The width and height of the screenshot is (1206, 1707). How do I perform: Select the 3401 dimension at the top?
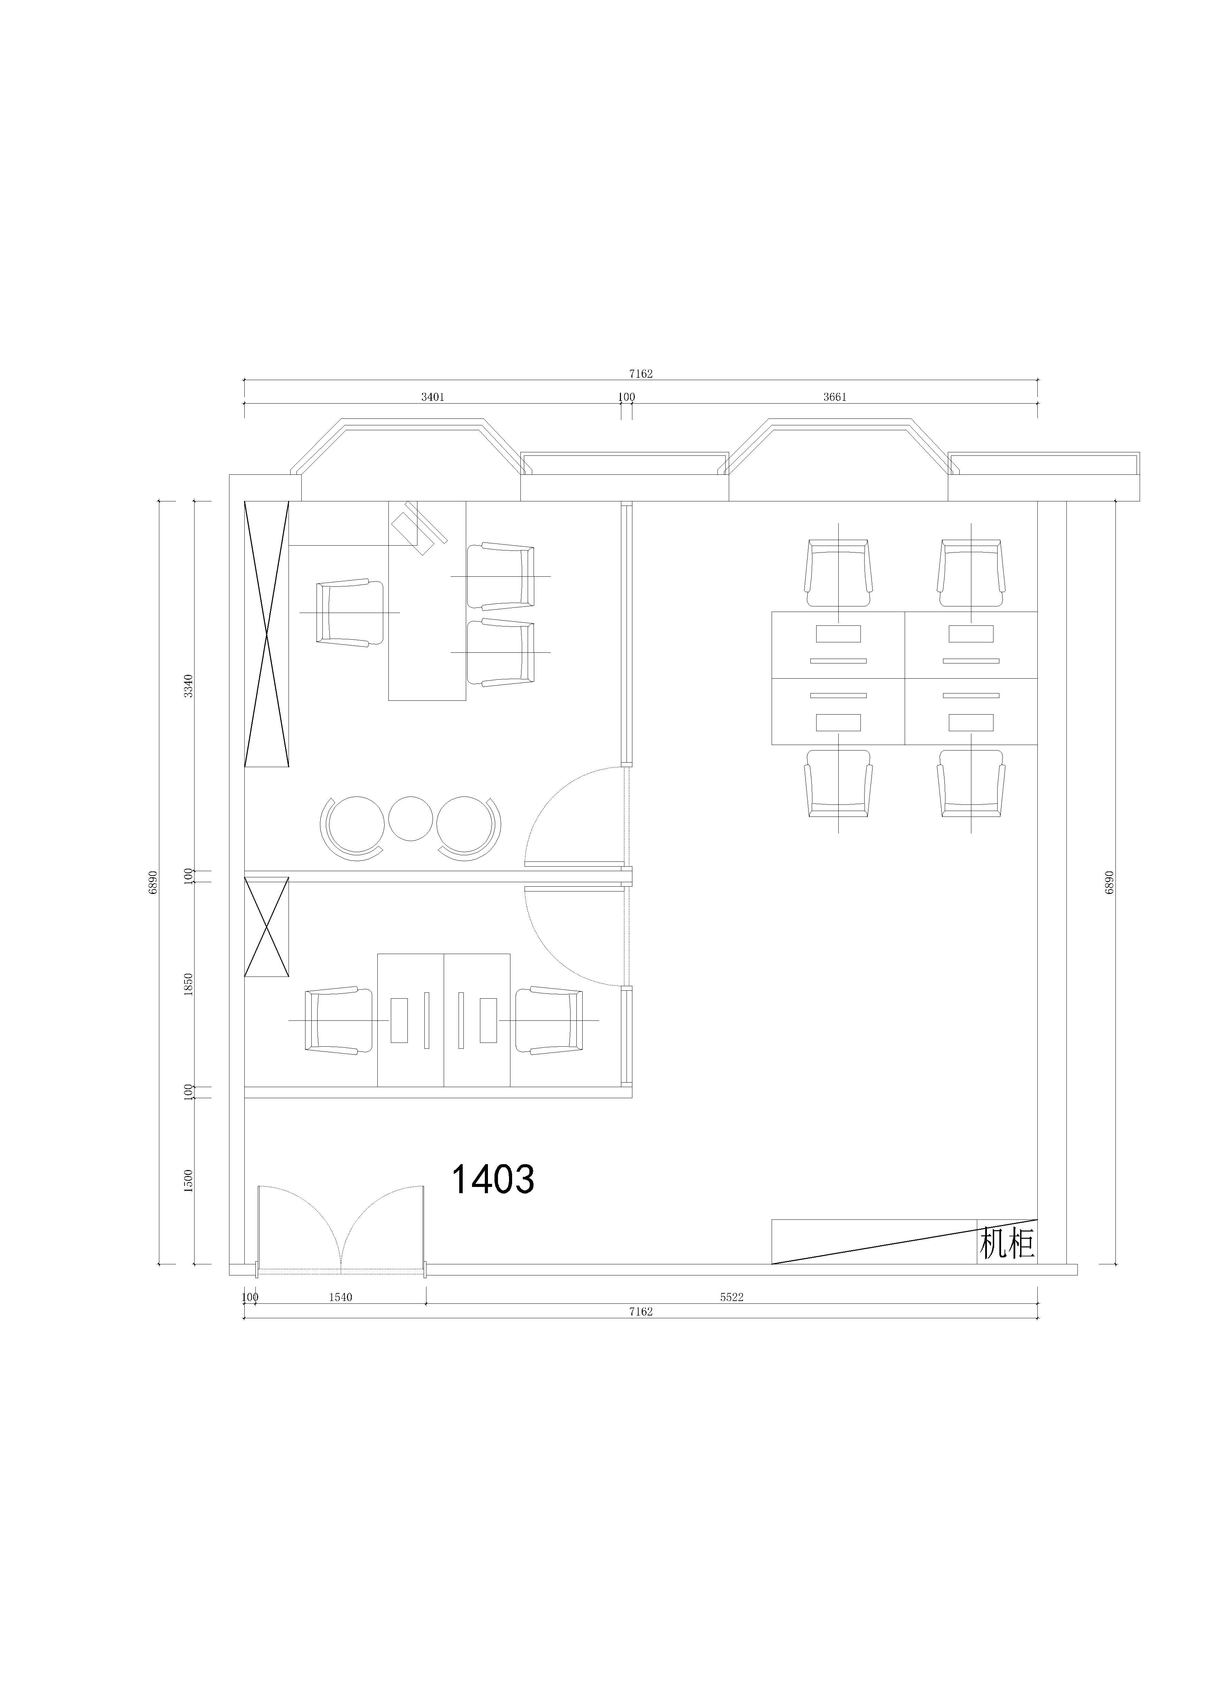click(x=433, y=397)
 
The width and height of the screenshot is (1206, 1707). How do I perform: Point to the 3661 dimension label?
click(x=835, y=397)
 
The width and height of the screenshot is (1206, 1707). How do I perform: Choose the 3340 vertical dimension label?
click(x=189, y=686)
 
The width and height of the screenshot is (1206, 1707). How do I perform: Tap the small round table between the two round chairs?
click(x=411, y=819)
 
